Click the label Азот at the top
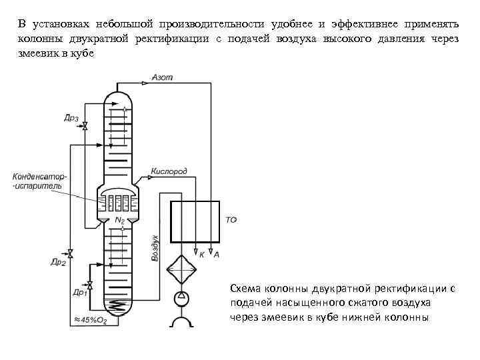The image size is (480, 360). coord(163,77)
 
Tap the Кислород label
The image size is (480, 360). coord(169,171)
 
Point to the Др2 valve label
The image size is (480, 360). coord(58,263)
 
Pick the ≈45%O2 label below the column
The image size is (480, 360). coord(90,321)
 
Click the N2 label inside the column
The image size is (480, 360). coord(120,220)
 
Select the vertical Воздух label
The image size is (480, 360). coord(155,247)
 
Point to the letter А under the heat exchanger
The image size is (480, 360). coord(216,254)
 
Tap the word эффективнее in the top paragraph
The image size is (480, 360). coord(349,25)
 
